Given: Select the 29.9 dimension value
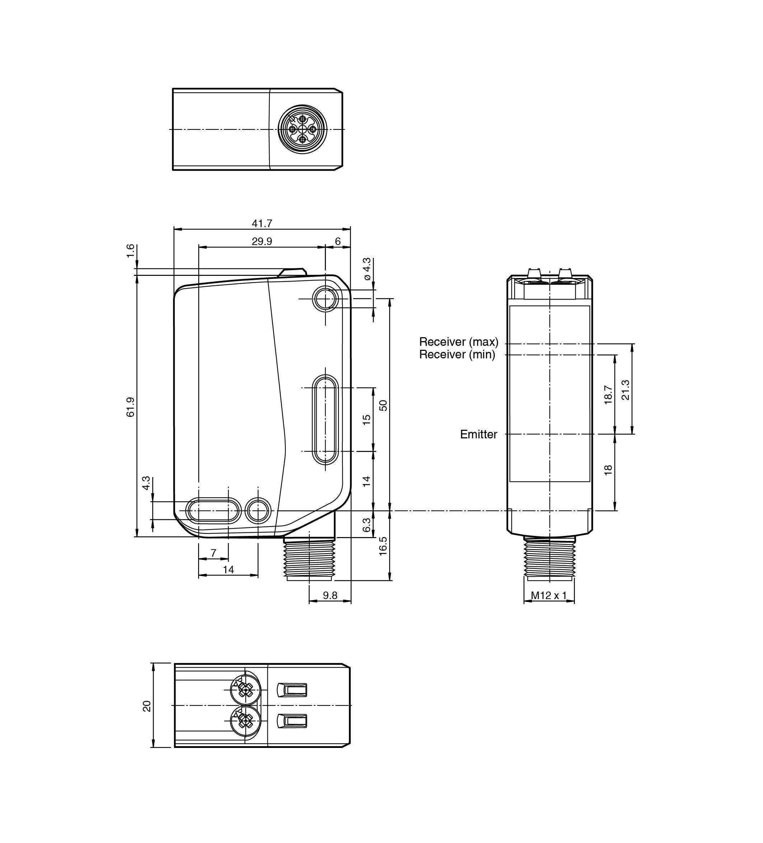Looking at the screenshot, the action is (x=262, y=241).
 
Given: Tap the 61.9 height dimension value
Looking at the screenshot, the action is (x=131, y=407).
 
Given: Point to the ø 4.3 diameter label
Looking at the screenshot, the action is (x=367, y=269).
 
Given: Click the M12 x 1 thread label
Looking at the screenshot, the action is (x=548, y=595).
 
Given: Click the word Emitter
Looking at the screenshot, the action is (x=478, y=434).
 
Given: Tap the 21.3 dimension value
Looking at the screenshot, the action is (x=626, y=390).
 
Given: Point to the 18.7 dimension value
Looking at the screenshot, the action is (x=609, y=395).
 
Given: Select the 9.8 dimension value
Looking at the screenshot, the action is (x=330, y=595).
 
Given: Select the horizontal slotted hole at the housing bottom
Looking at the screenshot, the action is (x=213, y=510).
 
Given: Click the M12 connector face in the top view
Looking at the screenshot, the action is (x=303, y=129).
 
